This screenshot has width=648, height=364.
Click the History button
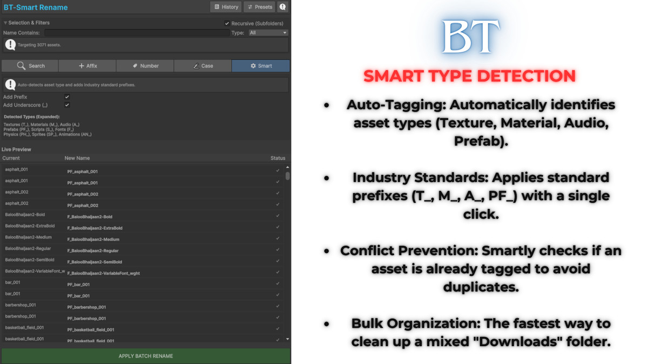pyautogui.click(x=226, y=7)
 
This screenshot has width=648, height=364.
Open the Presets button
pyautogui.click(x=259, y=7)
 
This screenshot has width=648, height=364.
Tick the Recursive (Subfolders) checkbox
pyautogui.click(x=227, y=24)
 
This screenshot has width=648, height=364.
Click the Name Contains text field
pyautogui.click(x=137, y=33)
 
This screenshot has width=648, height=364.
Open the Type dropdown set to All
pyautogui.click(x=268, y=33)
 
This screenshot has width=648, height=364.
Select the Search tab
pyautogui.click(x=30, y=66)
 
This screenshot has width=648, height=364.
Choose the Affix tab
pyautogui.click(x=87, y=66)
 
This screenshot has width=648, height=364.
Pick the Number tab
pyautogui.click(x=145, y=66)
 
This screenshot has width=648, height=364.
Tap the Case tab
pyautogui.click(x=203, y=66)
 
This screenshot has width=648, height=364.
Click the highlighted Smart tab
pyautogui.click(x=261, y=66)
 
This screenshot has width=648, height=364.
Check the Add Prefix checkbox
pyautogui.click(x=67, y=97)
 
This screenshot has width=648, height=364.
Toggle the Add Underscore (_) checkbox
pyautogui.click(x=67, y=105)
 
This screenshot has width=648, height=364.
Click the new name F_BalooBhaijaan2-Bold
pyautogui.click(x=90, y=217)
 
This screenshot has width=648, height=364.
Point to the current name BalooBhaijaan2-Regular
pyautogui.click(x=28, y=249)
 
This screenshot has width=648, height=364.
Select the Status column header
pyautogui.click(x=278, y=158)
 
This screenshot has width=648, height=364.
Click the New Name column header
pyautogui.click(x=77, y=158)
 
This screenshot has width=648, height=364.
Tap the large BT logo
pyautogui.click(x=469, y=37)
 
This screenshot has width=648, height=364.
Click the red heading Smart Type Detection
pyautogui.click(x=469, y=76)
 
